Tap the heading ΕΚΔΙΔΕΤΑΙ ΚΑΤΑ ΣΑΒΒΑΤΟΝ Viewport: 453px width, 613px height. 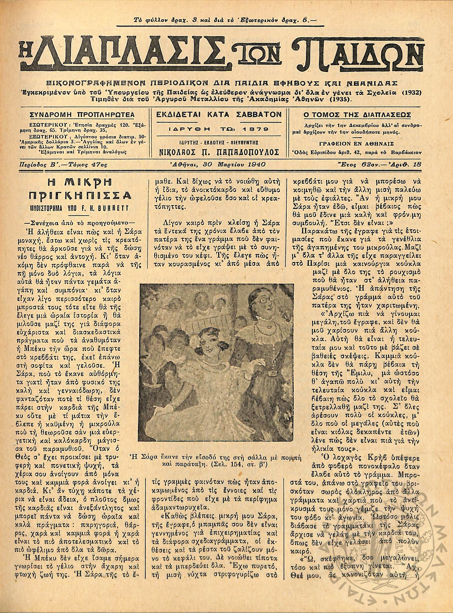click(x=219, y=114)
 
